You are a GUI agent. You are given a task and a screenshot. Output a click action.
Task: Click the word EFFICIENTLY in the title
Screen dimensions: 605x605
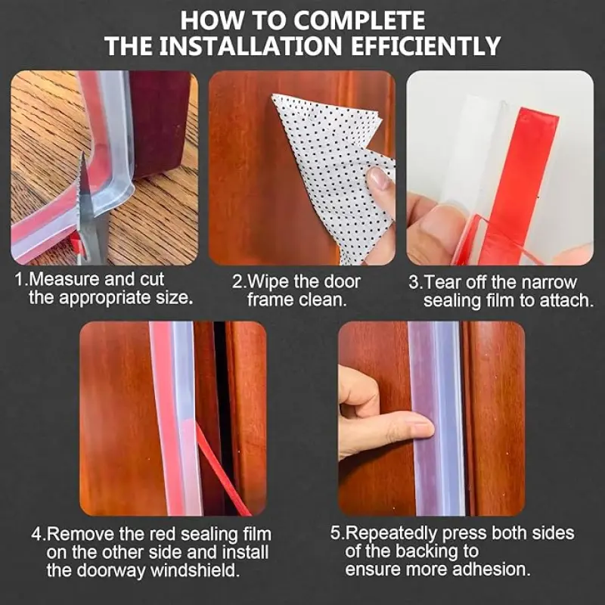(x=426, y=46)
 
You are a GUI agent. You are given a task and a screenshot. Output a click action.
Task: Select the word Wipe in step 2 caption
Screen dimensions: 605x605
(x=268, y=281)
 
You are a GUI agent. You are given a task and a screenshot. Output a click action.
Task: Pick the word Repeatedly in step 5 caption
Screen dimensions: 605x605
(x=391, y=534)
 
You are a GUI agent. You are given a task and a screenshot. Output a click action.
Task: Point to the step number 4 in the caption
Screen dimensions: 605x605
(x=37, y=535)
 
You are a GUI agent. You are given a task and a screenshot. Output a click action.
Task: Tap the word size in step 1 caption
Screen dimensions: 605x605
(x=176, y=298)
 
